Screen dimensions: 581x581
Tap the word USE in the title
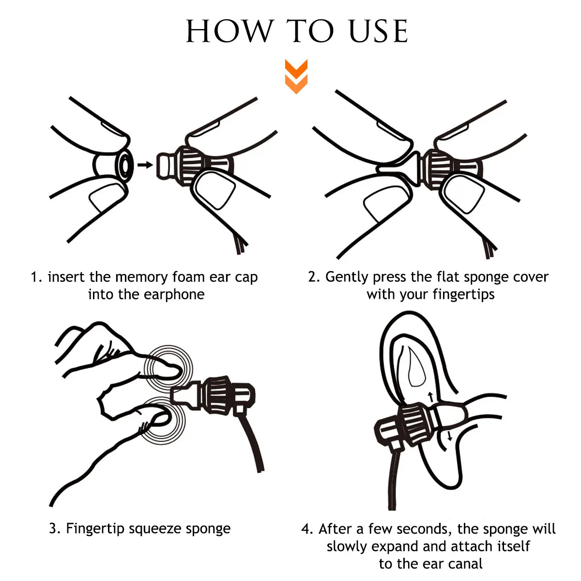click(x=379, y=31)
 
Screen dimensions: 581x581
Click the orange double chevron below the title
click(x=296, y=76)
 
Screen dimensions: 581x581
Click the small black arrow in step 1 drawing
click(x=145, y=165)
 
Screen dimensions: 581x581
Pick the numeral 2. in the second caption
click(x=314, y=277)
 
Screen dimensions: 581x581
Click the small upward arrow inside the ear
click(x=430, y=397)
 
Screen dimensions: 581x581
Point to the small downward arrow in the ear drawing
click(x=449, y=436)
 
